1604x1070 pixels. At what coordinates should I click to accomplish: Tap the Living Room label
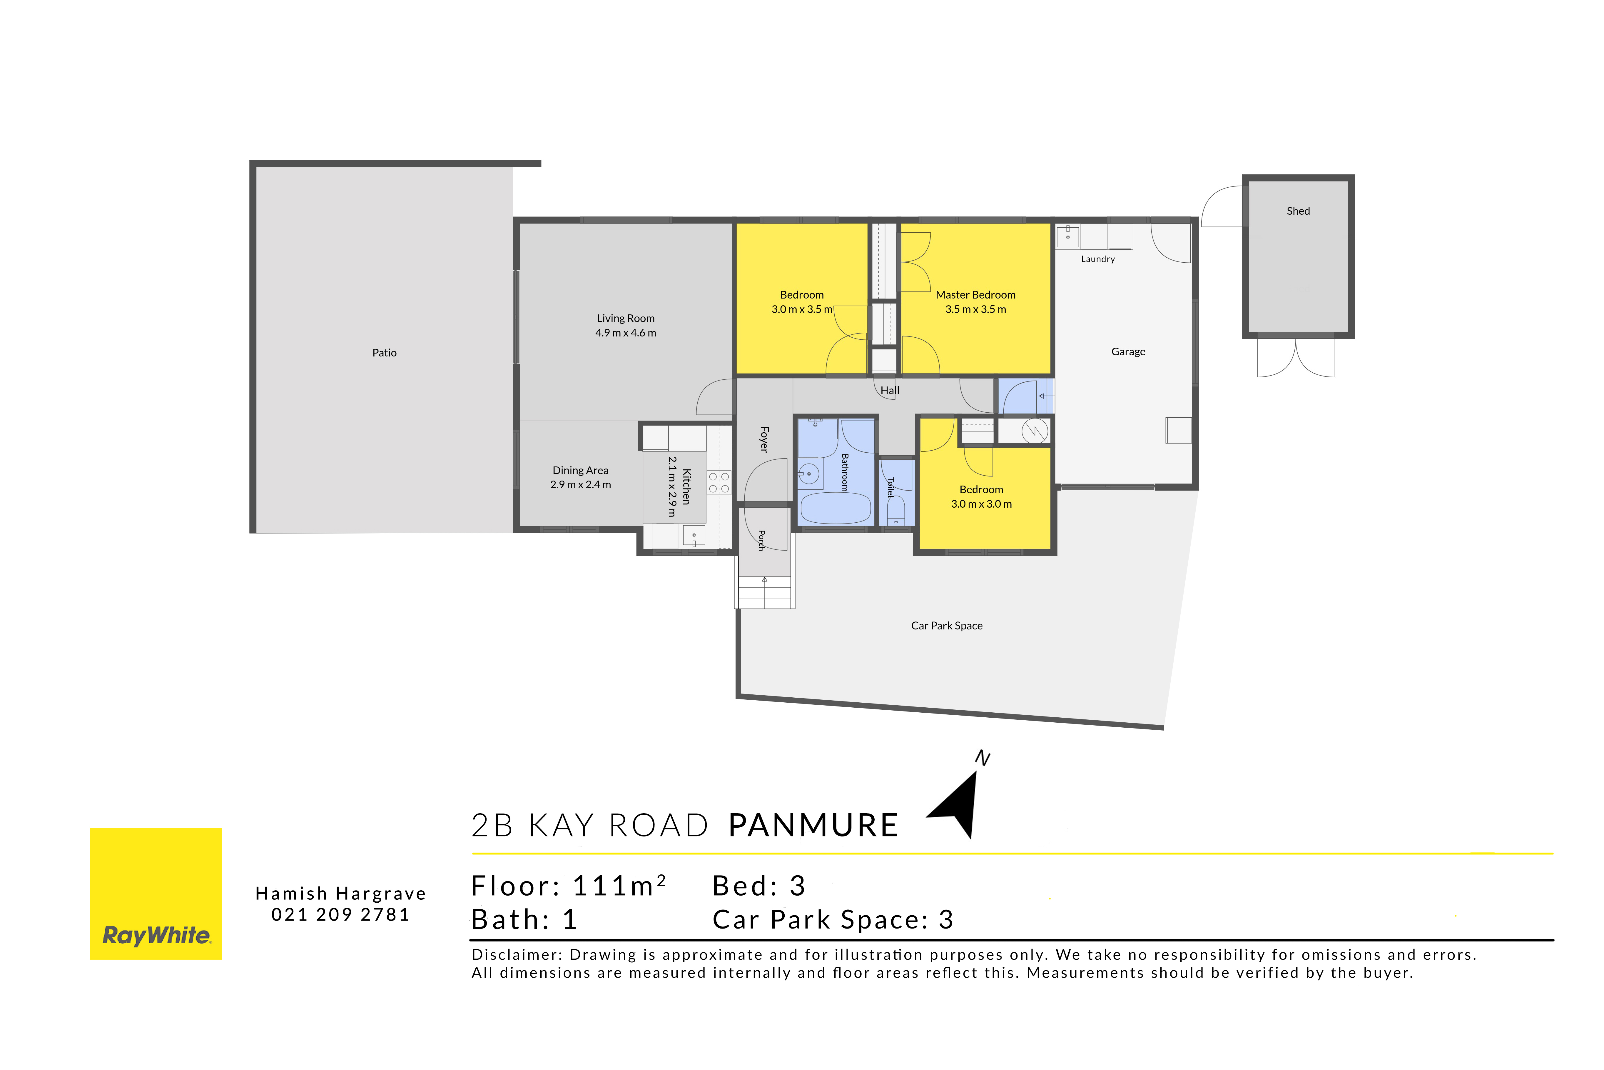(625, 319)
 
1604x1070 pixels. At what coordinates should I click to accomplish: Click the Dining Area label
(580, 470)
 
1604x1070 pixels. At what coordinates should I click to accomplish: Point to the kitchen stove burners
(719, 482)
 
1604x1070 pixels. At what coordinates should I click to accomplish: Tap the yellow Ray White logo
(156, 894)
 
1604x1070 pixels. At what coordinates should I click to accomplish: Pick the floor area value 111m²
(619, 886)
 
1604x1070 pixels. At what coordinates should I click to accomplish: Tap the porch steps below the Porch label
(764, 592)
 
